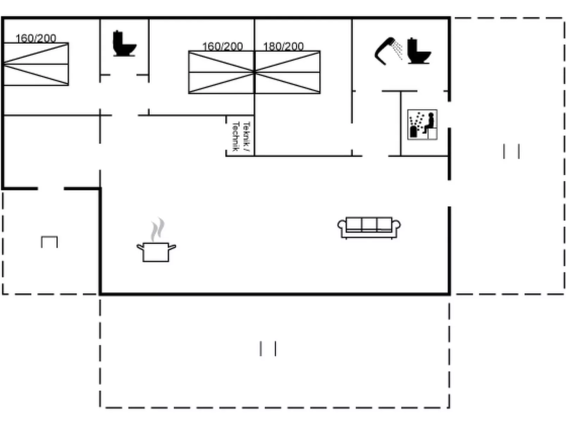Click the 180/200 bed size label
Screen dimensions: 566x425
tap(283, 47)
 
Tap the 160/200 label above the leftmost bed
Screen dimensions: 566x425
tap(36, 38)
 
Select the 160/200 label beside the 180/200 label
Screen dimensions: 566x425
tap(222, 47)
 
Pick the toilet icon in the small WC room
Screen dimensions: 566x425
tap(124, 43)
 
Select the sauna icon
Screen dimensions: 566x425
tap(422, 125)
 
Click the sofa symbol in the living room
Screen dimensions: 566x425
tap(369, 228)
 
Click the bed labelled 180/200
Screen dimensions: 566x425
tap(287, 72)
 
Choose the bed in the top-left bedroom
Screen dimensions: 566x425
tap(36, 64)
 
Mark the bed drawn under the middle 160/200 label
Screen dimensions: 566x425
tap(221, 72)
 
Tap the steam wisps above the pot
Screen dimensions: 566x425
tap(158, 229)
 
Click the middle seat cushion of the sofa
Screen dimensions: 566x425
tap(369, 224)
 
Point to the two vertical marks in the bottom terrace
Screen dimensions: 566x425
tap(268, 348)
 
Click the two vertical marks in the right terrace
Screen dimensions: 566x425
tap(511, 151)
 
